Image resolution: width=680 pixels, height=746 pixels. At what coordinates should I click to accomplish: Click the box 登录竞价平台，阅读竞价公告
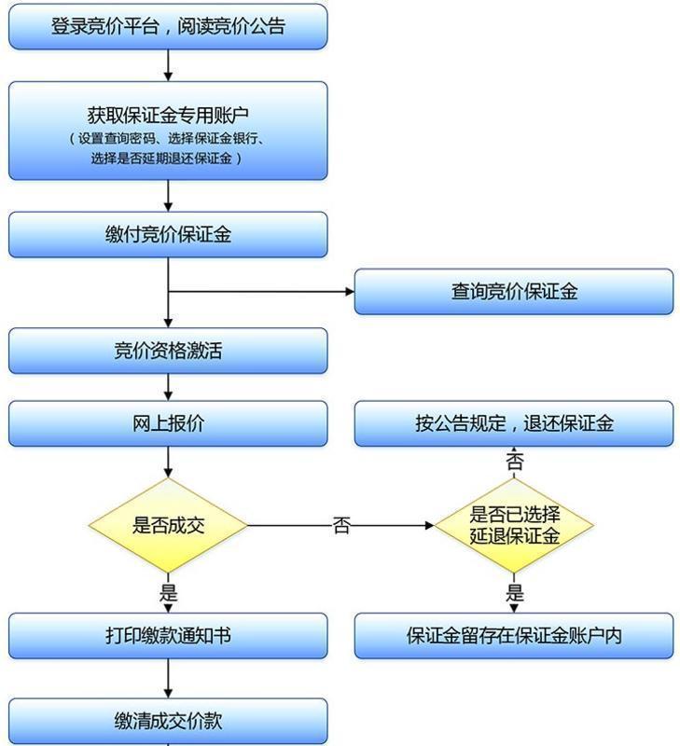(168, 26)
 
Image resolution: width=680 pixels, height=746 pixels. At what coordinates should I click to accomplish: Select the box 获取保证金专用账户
(168, 117)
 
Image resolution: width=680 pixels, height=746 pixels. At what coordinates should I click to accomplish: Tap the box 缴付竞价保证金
(168, 234)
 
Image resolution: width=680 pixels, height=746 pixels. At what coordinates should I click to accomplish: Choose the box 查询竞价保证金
(513, 292)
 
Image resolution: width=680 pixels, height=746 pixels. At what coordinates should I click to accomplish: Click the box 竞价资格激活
(168, 351)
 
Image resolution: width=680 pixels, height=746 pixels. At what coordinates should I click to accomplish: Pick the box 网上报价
(168, 423)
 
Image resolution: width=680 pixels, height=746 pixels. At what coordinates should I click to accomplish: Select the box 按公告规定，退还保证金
(513, 423)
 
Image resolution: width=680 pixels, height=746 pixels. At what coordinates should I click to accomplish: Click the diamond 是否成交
(168, 525)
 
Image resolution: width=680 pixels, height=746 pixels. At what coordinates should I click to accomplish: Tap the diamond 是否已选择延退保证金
(514, 525)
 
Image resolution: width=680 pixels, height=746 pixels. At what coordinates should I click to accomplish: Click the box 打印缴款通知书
(168, 636)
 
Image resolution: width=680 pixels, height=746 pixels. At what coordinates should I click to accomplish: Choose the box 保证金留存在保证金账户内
(513, 636)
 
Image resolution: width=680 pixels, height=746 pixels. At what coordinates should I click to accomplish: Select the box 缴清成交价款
(168, 721)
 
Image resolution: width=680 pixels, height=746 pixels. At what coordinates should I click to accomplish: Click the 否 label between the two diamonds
(341, 526)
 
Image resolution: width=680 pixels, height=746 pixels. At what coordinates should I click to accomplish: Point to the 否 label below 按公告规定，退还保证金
(514, 462)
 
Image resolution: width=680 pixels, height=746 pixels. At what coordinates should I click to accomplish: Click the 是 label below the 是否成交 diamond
(169, 592)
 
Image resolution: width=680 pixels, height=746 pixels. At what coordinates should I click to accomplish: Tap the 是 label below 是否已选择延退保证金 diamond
(514, 593)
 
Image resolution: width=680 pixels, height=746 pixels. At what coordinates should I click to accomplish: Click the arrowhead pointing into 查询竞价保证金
(349, 292)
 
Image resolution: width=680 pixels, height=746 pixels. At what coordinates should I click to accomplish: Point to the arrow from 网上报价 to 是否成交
(169, 462)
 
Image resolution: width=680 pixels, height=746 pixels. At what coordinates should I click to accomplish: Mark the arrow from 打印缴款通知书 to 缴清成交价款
(169, 678)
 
